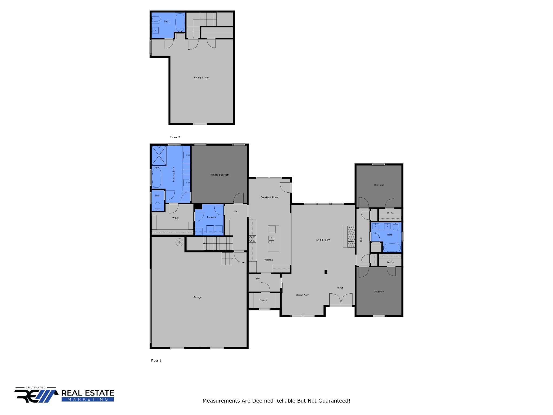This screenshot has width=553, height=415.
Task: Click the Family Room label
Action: [x=201, y=78]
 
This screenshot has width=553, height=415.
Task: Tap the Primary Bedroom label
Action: [x=219, y=175]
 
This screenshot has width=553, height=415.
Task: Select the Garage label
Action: [x=197, y=297]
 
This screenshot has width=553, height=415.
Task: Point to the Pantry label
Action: [x=263, y=300]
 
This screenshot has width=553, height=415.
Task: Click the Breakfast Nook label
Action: [x=269, y=197]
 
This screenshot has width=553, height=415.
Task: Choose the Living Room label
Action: [x=323, y=240]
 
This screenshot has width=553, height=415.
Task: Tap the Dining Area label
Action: [x=302, y=295]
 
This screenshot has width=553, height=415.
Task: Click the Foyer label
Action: [x=340, y=288]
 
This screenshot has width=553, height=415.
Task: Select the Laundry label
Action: [x=212, y=217]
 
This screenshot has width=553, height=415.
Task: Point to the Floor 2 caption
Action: [x=175, y=137]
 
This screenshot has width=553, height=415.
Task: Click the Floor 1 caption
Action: [x=156, y=360]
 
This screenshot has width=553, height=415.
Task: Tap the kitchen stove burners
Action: [x=252, y=239]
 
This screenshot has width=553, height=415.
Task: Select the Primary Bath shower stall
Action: [x=159, y=155]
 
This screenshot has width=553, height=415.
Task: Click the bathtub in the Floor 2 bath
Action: [x=180, y=22]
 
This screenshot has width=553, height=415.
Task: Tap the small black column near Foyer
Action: [x=326, y=272]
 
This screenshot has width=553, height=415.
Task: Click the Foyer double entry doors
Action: [x=341, y=300]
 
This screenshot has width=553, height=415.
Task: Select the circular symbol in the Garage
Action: [x=180, y=242]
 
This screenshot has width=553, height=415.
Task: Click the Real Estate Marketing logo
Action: [x=64, y=395]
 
